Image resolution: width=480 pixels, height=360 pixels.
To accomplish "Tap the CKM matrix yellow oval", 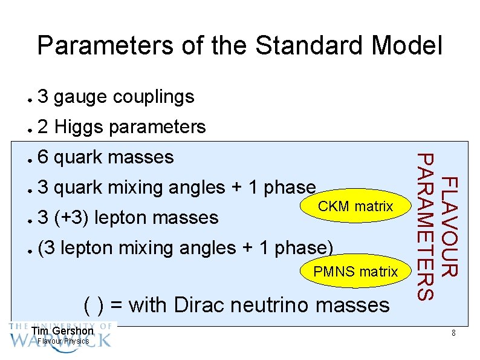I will pyautogui.click(x=355, y=207).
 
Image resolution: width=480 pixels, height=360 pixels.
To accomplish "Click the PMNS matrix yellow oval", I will pyautogui.click(x=355, y=272).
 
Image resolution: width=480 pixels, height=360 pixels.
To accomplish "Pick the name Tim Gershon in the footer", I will pyautogui.click(x=62, y=331).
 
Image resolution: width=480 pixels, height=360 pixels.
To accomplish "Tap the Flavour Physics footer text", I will pyautogui.click(x=63, y=341).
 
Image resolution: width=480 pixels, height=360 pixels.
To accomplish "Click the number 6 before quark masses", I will pyautogui.click(x=42, y=157).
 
